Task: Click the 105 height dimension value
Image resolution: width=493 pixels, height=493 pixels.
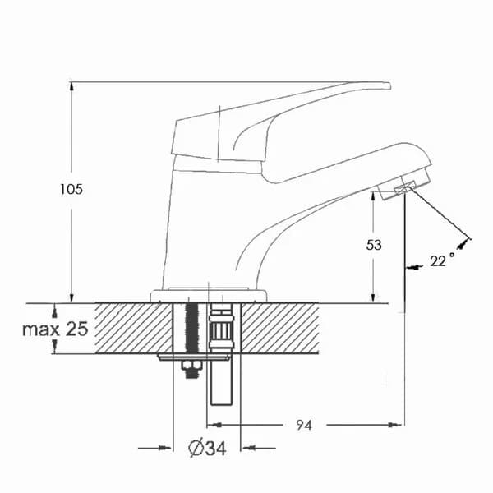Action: pos(71,189)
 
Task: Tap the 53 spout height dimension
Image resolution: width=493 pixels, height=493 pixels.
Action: pos(374,245)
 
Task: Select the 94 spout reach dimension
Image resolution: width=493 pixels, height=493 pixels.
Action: pos(304,425)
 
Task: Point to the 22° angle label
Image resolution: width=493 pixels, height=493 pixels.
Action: pos(441,260)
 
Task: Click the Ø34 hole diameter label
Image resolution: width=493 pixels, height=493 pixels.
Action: pos(207,448)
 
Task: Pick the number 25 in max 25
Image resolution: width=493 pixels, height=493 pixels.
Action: pos(76,329)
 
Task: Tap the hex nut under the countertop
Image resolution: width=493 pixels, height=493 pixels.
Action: pos(191,366)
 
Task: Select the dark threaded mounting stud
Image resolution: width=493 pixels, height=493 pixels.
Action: pos(192,328)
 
